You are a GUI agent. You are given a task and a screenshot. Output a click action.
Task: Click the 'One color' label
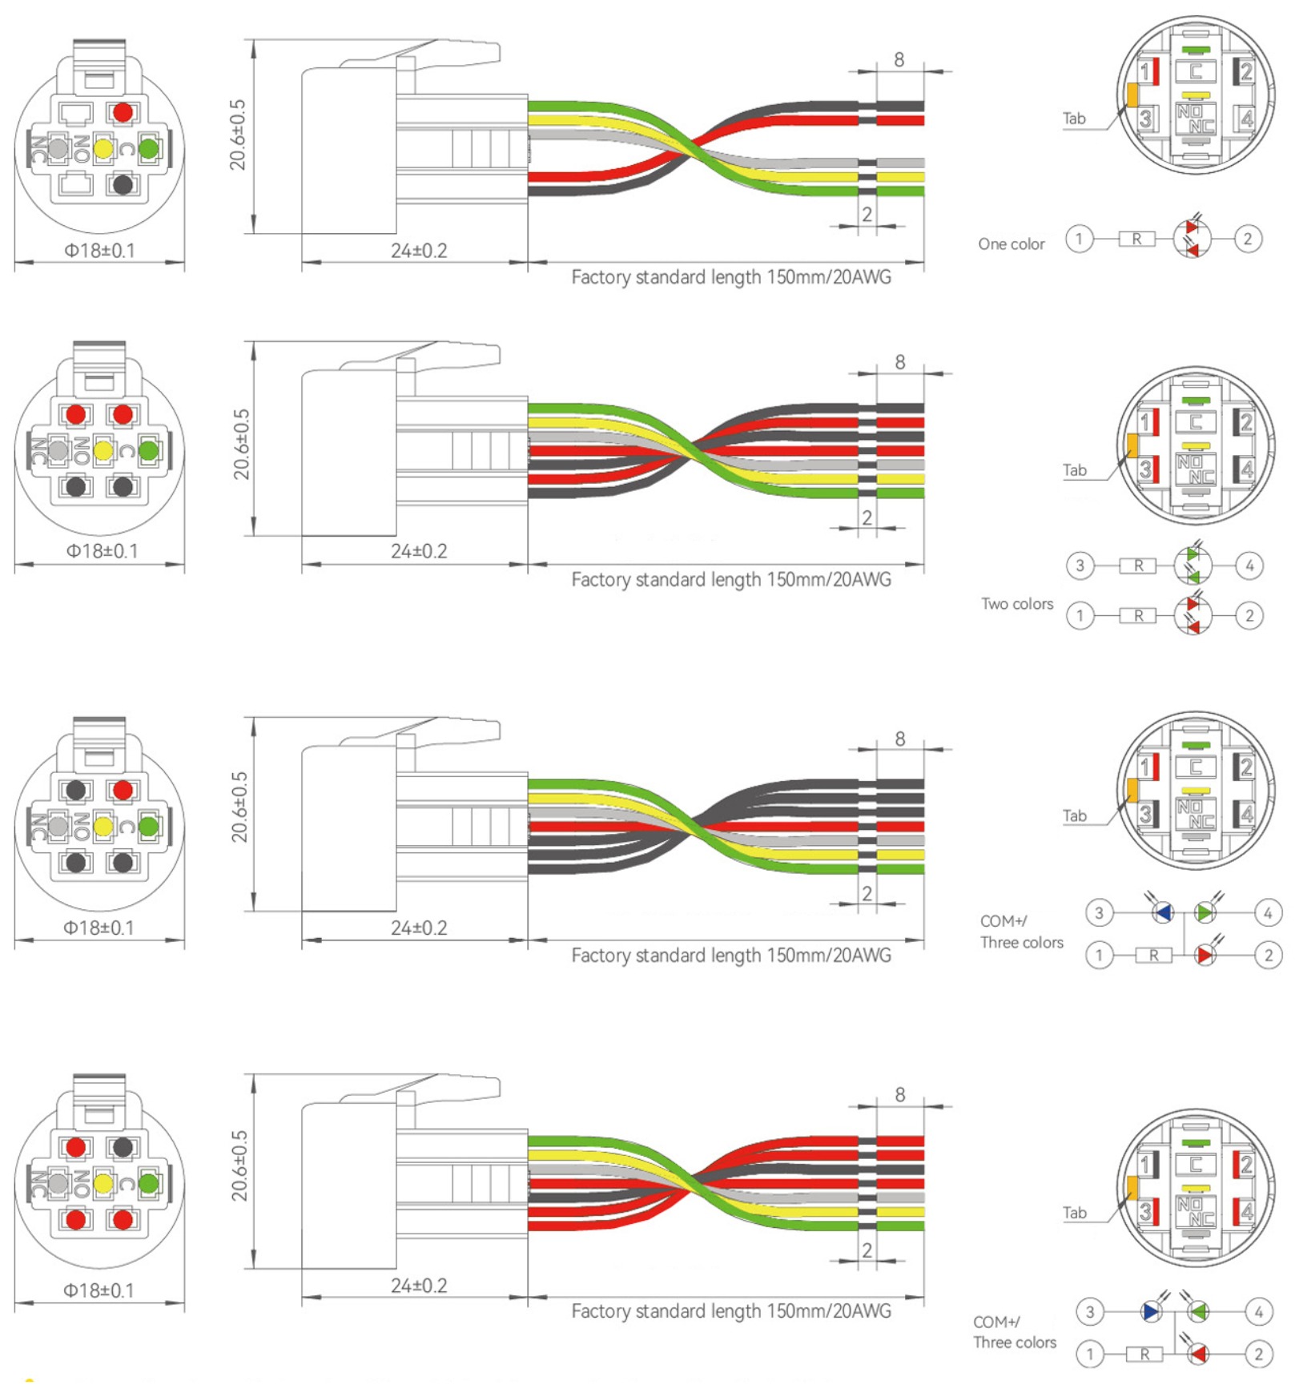(x=1011, y=244)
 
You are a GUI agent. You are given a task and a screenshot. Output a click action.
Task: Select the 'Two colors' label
(x=1017, y=604)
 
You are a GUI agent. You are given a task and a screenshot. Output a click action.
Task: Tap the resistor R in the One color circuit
(x=1136, y=239)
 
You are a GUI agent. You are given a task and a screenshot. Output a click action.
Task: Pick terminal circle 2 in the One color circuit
(x=1247, y=239)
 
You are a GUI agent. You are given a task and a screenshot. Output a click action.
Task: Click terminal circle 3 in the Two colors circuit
(x=1080, y=566)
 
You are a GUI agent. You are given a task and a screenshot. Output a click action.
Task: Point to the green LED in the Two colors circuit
(x=1192, y=566)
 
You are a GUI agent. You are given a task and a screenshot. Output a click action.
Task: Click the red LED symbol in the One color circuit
(x=1192, y=239)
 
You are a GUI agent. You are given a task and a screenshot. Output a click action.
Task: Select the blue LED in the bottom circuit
(x=1152, y=1311)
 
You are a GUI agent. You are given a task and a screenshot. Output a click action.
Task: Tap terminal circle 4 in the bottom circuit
(x=1258, y=1312)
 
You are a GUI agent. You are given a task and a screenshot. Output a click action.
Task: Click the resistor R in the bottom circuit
(x=1144, y=1354)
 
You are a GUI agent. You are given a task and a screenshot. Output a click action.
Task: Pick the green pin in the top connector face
(x=149, y=148)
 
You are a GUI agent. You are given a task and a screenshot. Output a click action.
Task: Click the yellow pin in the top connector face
(x=103, y=148)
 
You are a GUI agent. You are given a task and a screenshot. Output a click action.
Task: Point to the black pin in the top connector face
(x=123, y=185)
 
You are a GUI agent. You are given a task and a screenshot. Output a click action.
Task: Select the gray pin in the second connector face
(x=58, y=451)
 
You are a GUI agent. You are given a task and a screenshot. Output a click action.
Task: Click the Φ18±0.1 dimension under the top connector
(x=99, y=251)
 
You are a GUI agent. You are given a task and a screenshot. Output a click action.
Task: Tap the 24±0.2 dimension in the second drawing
(x=418, y=552)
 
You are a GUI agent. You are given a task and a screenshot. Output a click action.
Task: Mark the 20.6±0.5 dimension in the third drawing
(x=239, y=807)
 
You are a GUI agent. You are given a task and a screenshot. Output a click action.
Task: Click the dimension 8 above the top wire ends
(x=899, y=60)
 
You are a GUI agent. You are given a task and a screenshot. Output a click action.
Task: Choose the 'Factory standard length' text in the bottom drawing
(x=730, y=1311)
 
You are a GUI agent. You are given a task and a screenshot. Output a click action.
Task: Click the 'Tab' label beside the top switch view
(x=1073, y=119)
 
